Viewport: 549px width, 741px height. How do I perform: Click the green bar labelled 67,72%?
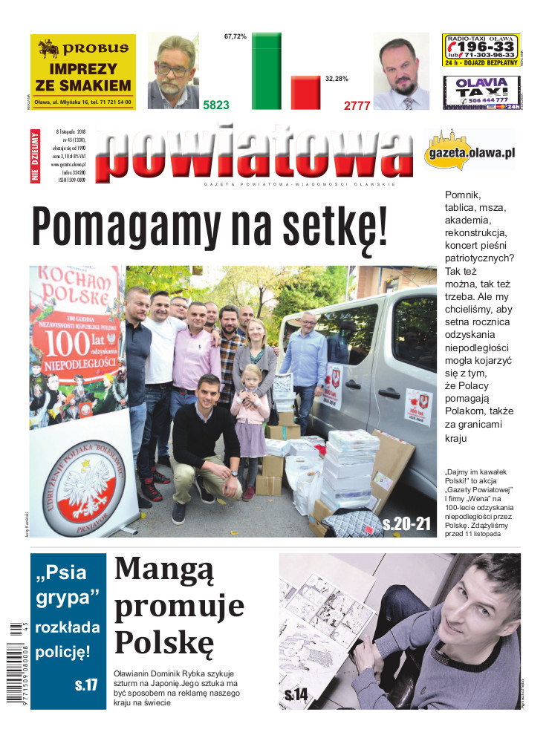[266, 71]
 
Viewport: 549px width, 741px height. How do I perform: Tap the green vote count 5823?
[216, 105]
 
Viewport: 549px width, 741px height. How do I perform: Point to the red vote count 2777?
[357, 105]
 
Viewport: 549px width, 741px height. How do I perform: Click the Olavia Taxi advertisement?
[481, 93]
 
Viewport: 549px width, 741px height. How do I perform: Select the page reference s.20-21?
[406, 524]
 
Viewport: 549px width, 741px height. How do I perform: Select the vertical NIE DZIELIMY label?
[35, 156]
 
